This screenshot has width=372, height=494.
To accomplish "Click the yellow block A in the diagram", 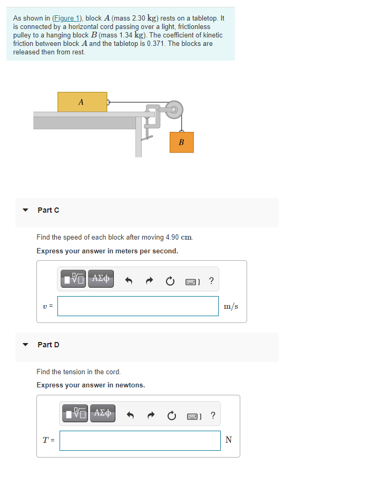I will coord(82,102).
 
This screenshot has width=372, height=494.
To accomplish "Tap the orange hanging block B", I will coord(182,142).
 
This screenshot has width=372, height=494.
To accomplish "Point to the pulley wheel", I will coord(174,110).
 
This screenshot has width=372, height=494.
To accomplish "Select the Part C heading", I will coord(48,210).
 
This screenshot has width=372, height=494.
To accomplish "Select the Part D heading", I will coord(48,345).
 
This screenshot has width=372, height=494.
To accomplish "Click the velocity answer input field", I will coord(138,306).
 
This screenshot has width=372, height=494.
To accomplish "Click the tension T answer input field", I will coord(140,440).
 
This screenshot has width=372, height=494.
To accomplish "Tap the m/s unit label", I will coord(231,306).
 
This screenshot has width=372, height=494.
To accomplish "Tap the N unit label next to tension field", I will coord(228,440).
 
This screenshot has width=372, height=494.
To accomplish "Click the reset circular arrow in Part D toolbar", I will coord(171,416).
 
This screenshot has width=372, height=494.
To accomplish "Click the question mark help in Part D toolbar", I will coord(212,415).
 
